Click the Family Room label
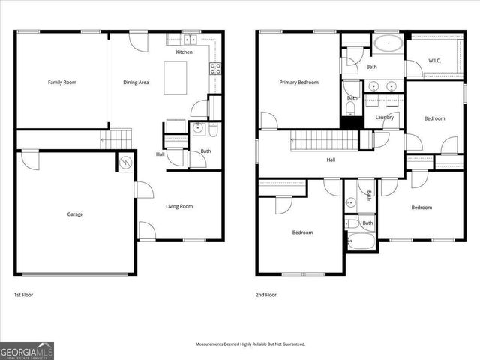tap(62, 82)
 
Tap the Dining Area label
tap(136, 82)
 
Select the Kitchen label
tap(184, 52)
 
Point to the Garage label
tap(75, 214)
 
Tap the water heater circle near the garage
tap(125, 162)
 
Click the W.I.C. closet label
tap(434, 60)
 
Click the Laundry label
tap(384, 117)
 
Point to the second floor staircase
tap(322, 139)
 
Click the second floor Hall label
tap(331, 160)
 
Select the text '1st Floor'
tap(24, 295)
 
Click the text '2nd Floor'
tap(266, 295)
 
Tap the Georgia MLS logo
tap(27, 351)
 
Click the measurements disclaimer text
tap(250, 343)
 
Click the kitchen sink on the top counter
tap(190, 39)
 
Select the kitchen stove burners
tap(216, 67)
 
